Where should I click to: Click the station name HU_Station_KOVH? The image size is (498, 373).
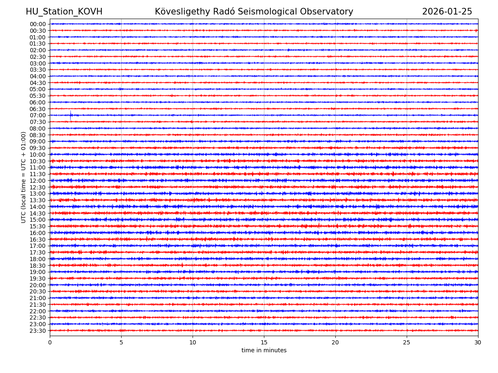(64, 12)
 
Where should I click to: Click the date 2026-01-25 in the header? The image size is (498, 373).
(447, 12)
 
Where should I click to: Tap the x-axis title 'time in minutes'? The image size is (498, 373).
(264, 351)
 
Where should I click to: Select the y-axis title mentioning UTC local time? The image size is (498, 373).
(24, 177)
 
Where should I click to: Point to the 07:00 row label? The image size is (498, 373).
(38, 115)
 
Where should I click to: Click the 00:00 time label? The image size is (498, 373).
(38, 24)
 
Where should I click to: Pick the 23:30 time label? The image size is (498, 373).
(38, 331)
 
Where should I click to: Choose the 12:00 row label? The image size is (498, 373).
(38, 181)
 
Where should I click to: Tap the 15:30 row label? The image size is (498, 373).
(38, 226)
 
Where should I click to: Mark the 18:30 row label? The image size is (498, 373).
(38, 266)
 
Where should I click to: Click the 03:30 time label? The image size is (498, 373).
(38, 70)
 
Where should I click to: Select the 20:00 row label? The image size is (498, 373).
(38, 285)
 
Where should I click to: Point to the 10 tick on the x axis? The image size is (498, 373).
(193, 343)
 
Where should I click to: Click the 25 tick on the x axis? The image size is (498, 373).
(407, 343)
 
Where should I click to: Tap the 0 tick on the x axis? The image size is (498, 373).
(50, 343)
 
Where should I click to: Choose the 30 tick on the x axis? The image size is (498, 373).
(478, 343)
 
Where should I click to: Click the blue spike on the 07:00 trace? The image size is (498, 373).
(71, 115)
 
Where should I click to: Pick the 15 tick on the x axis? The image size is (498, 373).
(264, 343)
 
